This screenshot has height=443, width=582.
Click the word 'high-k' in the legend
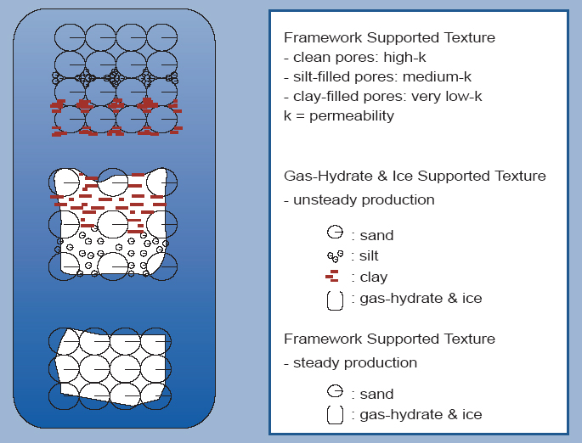pos(404,58)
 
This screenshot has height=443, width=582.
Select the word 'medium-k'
pos(437,76)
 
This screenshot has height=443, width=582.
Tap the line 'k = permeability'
pos(339,115)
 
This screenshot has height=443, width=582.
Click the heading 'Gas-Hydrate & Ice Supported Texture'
pos(415,176)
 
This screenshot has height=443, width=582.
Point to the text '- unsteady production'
pos(359,199)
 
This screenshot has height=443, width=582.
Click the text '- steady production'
pos(350,362)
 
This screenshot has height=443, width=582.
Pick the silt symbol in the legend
pos(335,255)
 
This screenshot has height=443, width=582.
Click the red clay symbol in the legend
pos(332,276)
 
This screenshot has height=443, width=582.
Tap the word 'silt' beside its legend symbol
pos(369,255)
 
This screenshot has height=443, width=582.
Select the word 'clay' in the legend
pos(373,278)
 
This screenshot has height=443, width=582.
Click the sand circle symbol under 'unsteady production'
pos(335,232)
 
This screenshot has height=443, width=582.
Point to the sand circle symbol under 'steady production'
pos(335,391)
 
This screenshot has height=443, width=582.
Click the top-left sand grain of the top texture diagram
pos(70,37)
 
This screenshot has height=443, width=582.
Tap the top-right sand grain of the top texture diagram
pos(161,37)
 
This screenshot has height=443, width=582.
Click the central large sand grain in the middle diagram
pos(113,225)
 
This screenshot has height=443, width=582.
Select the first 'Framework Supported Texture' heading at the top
pos(389,37)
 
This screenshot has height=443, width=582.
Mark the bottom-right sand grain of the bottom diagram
pos(155,396)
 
